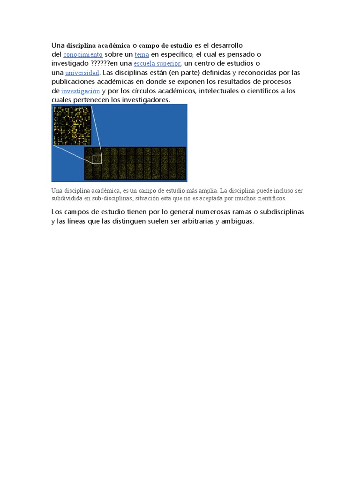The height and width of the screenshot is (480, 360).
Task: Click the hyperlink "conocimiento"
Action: (82, 55)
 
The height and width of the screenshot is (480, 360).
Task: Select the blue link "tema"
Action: (142, 55)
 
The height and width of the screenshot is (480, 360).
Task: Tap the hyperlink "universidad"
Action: (82, 73)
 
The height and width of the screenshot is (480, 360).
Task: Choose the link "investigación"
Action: (81, 91)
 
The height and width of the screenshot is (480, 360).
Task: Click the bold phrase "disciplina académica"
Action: (98, 46)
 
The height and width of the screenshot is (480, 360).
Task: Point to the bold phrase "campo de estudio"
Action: (165, 46)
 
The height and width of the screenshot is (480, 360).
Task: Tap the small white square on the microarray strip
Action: (97, 159)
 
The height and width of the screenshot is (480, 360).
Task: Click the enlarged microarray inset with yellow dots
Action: (72, 125)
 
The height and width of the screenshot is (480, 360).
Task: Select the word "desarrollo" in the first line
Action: (225, 45)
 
